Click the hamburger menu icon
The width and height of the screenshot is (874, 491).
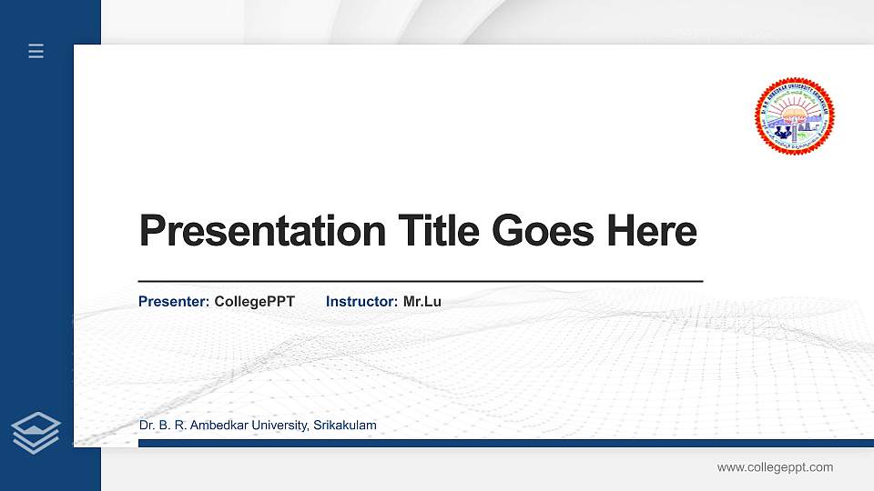click(36, 51)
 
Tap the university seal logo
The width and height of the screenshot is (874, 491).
click(795, 115)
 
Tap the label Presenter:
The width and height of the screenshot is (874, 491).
click(174, 301)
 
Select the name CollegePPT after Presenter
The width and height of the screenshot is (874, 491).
click(254, 301)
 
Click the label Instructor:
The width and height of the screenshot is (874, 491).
click(361, 301)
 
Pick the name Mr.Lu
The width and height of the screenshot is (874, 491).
click(422, 301)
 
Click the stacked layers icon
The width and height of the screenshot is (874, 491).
click(36, 432)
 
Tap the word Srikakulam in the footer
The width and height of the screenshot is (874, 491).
click(344, 426)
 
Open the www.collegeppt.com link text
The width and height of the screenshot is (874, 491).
click(775, 467)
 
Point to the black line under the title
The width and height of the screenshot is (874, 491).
click(420, 282)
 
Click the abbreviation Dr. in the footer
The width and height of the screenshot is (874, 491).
click(147, 426)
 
